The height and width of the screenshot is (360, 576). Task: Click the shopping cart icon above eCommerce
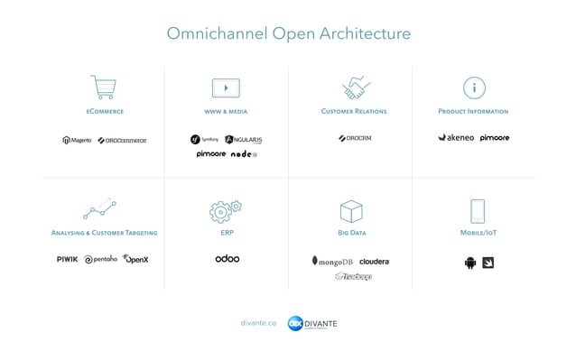pyautogui.click(x=104, y=88)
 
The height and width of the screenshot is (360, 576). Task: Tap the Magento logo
pyautogui.click(x=77, y=140)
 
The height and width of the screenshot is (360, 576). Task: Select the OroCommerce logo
pyautogui.click(x=122, y=140)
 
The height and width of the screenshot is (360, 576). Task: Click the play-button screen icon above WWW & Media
pyautogui.click(x=225, y=88)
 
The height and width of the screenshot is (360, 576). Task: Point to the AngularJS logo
pyautogui.click(x=243, y=140)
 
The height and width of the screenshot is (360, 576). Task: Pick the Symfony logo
pyautogui.click(x=204, y=140)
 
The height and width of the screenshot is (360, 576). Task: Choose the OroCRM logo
pyautogui.click(x=355, y=138)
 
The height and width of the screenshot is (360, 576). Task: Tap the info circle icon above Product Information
pyautogui.click(x=474, y=88)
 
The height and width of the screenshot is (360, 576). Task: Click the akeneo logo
pyautogui.click(x=456, y=138)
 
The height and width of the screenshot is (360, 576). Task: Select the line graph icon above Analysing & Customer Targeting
pyautogui.click(x=99, y=210)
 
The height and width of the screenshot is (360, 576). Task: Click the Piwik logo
pyautogui.click(x=67, y=259)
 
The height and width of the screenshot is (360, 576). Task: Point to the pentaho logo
pyautogui.click(x=101, y=259)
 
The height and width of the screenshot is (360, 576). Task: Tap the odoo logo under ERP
pyautogui.click(x=228, y=259)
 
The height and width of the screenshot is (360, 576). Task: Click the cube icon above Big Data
pyautogui.click(x=351, y=211)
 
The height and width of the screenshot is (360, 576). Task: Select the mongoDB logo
pyautogui.click(x=332, y=261)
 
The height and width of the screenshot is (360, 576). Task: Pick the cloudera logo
pyautogui.click(x=374, y=262)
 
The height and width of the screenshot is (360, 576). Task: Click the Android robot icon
pyautogui.click(x=469, y=263)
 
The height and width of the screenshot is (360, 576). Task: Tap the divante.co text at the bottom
pyautogui.click(x=258, y=323)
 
